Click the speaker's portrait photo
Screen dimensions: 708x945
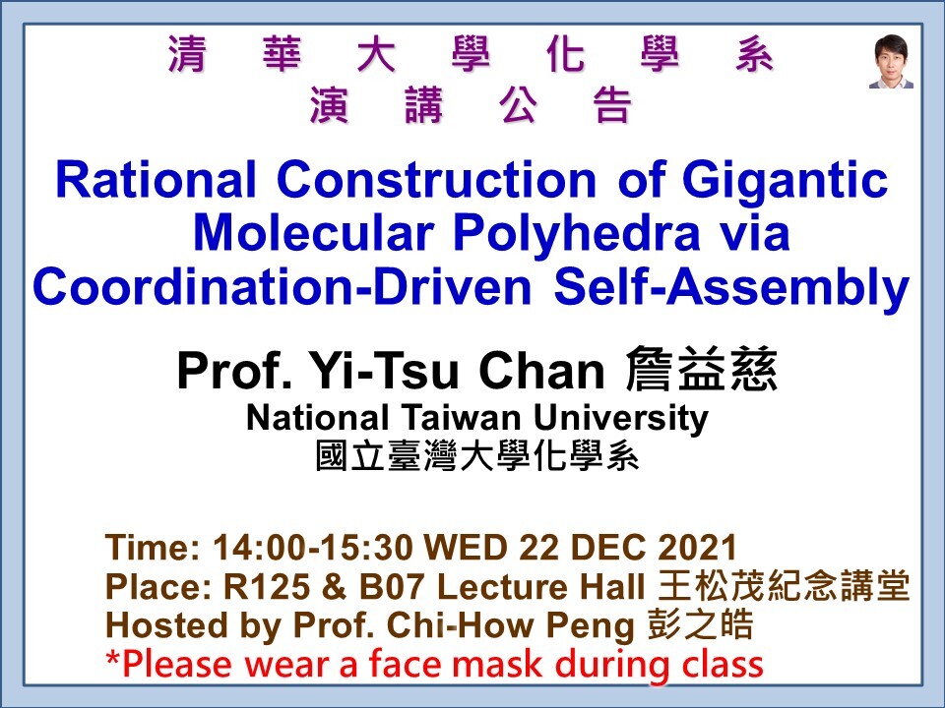(891, 61)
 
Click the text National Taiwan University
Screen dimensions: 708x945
(476, 419)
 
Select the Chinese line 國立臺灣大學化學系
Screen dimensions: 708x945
(476, 455)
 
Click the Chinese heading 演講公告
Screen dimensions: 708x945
(469, 106)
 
